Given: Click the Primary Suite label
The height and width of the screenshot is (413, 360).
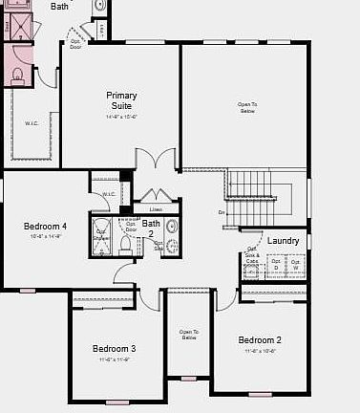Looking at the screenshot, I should pos(121,100).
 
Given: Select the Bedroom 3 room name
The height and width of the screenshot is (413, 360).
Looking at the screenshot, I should pos(114,349).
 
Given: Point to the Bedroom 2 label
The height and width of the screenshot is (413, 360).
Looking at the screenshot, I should pos(260,340).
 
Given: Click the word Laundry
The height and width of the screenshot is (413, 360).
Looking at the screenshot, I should pos(283,241).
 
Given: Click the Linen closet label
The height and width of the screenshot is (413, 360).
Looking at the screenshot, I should pos(156,209).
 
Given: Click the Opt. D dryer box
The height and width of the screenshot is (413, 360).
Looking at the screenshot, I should pos(276,262).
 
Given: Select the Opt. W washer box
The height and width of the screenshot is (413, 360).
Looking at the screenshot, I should pos(296,262).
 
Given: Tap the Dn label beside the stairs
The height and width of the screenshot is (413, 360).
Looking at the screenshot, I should pos(222,212).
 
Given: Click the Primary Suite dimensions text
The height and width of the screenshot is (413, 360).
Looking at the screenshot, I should pos(121,117).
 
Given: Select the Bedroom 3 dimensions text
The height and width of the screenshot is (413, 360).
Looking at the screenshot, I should pos(114,359).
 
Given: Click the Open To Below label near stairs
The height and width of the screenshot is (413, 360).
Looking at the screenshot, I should pos(247,107).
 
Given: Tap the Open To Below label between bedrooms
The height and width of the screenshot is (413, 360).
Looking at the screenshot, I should pos(188,335).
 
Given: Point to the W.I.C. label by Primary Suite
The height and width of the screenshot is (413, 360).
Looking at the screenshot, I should pos(31,121).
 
